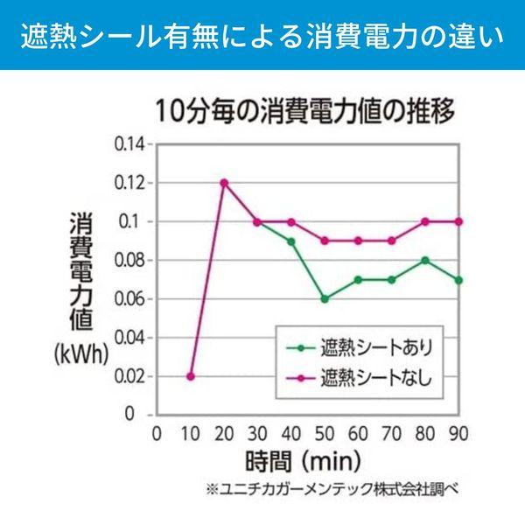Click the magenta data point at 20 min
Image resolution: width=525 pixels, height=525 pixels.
point(224,183)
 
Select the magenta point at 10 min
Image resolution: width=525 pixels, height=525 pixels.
point(191,376)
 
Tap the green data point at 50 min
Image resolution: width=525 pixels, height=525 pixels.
point(325,299)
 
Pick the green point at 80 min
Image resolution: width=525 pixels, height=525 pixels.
point(425,261)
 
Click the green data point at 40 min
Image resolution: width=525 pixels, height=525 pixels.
point(291,241)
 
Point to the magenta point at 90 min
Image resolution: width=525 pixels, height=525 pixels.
point(458,221)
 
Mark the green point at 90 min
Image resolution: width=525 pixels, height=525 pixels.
point(458,280)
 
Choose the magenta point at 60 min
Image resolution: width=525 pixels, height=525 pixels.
point(358,241)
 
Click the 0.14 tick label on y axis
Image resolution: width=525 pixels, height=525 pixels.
point(129,144)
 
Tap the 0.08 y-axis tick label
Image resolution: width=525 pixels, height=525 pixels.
point(129,261)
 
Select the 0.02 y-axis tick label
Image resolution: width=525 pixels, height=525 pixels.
point(129,376)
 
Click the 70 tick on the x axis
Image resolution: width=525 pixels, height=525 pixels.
point(391,434)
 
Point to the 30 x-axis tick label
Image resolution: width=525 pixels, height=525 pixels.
point(257,434)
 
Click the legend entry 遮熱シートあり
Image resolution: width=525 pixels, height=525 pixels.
point(360,348)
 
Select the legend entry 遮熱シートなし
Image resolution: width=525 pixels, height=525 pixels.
point(359,378)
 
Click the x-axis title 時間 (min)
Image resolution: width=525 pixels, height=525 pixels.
point(304,461)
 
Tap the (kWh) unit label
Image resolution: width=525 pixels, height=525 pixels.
point(81,354)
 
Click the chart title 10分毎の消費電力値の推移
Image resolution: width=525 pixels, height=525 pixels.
point(305,111)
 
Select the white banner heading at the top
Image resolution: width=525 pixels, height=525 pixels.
point(262,37)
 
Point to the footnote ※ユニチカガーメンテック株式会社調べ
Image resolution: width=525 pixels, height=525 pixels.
point(332,489)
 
